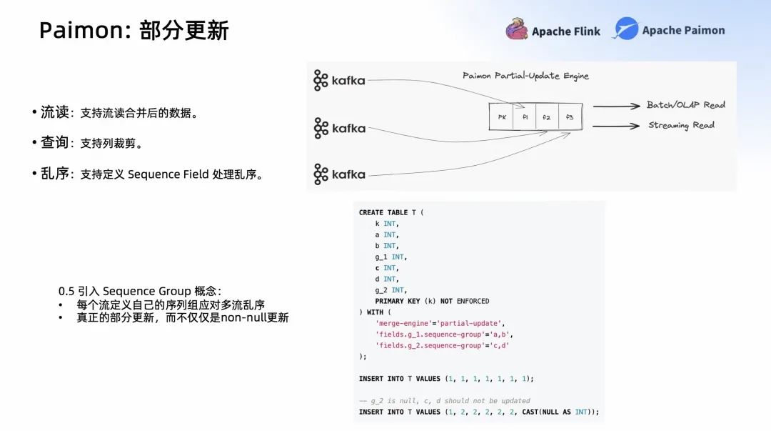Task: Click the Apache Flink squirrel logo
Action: point(517,29)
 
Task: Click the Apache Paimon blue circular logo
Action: point(625,29)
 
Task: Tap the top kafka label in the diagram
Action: point(340,81)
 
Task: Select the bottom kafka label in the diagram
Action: point(340,174)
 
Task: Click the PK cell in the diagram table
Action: point(502,117)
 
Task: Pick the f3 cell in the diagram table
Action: point(570,117)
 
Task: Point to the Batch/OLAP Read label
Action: point(685,105)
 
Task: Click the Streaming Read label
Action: point(681,125)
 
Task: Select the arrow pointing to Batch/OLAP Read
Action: point(616,106)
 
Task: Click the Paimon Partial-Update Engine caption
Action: point(525,76)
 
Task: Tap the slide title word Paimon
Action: point(78,31)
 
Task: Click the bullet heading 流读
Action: point(54,112)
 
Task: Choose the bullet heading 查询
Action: point(54,143)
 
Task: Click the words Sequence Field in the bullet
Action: point(168,174)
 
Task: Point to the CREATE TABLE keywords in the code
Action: point(383,212)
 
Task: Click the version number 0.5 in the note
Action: point(66,292)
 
